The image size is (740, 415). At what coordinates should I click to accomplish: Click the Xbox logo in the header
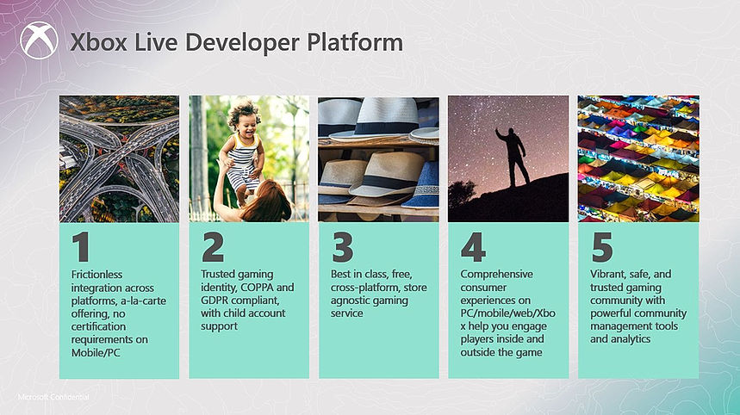point(39,40)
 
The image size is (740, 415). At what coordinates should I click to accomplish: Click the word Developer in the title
point(242,43)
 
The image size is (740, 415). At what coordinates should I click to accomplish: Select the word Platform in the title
point(355,41)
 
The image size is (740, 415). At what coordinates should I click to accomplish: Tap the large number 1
point(81,247)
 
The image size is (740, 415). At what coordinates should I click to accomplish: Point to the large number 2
point(213,247)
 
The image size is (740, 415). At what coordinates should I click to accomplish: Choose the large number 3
point(343,247)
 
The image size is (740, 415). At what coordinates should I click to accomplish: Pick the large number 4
point(473,247)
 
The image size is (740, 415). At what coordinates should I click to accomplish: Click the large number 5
point(602,247)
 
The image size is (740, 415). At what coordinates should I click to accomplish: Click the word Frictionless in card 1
point(96,275)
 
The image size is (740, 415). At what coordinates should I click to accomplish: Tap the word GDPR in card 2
point(215,300)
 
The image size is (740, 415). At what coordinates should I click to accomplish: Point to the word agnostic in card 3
point(350,300)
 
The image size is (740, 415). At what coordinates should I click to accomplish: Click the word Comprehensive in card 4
point(496,275)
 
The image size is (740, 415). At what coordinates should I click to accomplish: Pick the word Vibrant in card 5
point(606,275)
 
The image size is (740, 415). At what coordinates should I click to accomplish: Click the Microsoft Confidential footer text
point(53,397)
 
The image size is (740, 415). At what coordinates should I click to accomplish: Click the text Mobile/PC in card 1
point(96,353)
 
